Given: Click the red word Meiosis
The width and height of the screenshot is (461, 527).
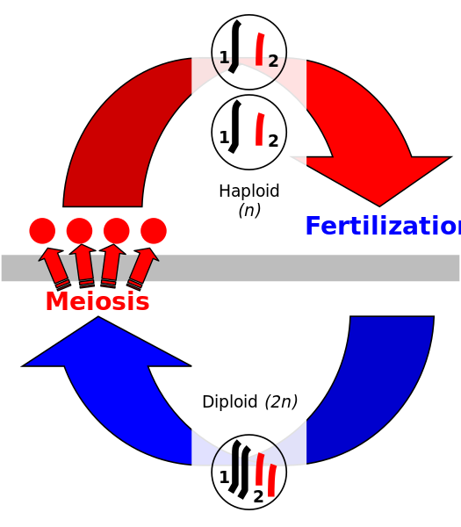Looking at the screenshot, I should tap(97, 301).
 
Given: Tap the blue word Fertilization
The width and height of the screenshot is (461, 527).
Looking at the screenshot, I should tap(382, 227).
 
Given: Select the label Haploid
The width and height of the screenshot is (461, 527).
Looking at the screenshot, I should tap(249, 191).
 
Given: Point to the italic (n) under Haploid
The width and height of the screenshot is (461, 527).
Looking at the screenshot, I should tap(249, 210).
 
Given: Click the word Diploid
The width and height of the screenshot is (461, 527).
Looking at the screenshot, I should tap(230, 402).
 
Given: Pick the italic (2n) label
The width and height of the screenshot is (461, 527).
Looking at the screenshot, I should tap(281, 402).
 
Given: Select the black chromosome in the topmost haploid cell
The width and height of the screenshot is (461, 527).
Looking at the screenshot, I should tap(235, 47).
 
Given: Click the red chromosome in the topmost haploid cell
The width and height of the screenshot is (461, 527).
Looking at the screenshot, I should tap(259, 49).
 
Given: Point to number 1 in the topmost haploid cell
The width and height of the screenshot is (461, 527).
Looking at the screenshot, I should tap(224, 58).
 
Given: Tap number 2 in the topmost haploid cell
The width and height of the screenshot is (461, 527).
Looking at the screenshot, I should tap(273, 61).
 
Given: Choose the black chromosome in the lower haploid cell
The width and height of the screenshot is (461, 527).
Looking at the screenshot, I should tap(235, 126).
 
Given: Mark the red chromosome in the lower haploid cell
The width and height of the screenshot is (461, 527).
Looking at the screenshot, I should tap(259, 129).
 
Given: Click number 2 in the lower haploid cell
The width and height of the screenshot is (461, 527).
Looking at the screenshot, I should tap(273, 141).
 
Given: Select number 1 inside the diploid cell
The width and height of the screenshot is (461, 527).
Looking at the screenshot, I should tap(224, 477).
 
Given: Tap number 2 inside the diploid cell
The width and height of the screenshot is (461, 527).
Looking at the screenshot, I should tap(258, 496).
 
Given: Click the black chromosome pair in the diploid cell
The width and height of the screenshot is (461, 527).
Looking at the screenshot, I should tap(239, 470).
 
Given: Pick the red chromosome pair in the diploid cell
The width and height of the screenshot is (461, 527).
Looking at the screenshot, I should tap(265, 475).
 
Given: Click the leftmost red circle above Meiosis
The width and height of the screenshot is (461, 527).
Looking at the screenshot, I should tap(42, 231).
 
